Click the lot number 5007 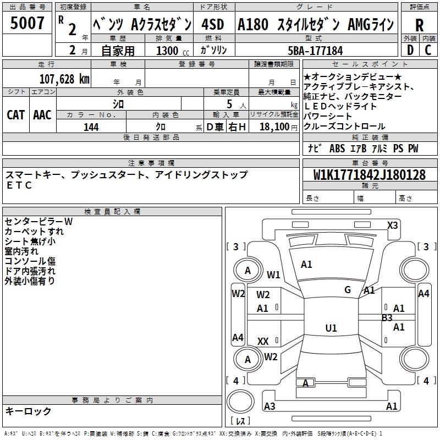[27, 24]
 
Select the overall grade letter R [419, 25]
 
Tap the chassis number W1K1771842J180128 [369, 175]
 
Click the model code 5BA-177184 [315, 51]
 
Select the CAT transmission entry [15, 114]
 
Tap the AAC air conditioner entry [42, 114]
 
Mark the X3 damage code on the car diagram [392, 225]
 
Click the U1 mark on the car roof [331, 328]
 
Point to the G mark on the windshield [347, 289]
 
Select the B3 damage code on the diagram [387, 317]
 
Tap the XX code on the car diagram [263, 342]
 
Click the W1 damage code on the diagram [273, 274]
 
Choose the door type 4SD [213, 25]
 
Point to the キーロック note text [28, 411]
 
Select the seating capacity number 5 [228, 104]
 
